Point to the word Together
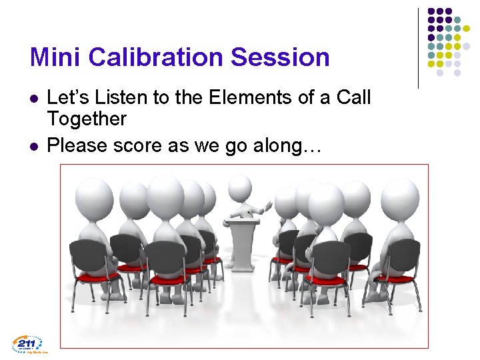click(x=87, y=119)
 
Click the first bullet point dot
click(x=34, y=99)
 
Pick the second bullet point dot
click(x=34, y=145)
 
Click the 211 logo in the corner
click(x=27, y=344)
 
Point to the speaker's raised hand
click(x=269, y=202)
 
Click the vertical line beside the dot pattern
click(x=418, y=48)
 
